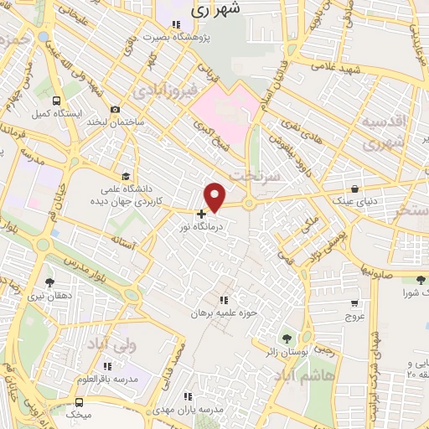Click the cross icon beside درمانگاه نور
201,214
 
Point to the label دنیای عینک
356,201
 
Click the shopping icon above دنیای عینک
356,189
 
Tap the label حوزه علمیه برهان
223,313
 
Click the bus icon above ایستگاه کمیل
56,99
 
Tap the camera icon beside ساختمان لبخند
114,110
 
